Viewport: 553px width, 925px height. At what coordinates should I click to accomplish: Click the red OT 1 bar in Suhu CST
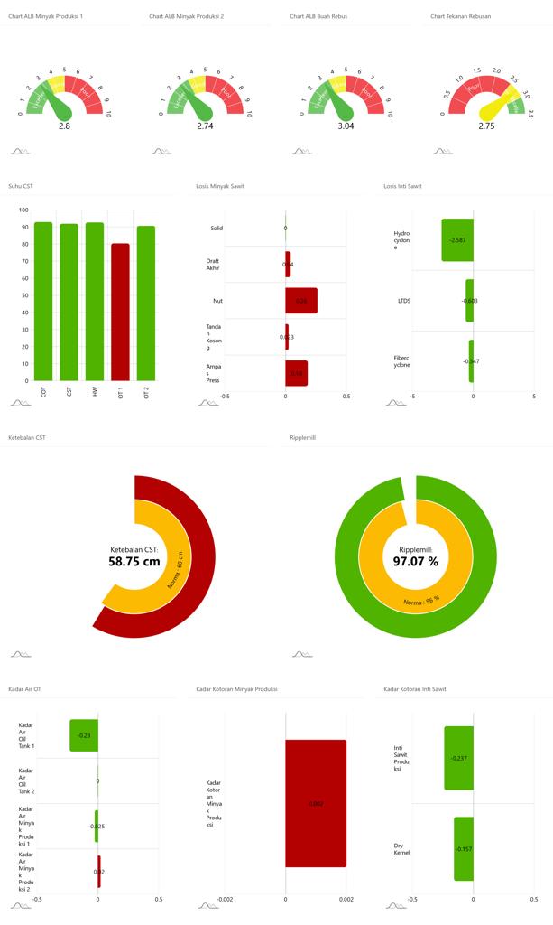[x=120, y=312]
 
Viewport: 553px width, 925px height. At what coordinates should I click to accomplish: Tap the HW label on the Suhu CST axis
[x=95, y=392]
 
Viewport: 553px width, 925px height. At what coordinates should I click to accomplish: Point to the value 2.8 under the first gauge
[x=64, y=126]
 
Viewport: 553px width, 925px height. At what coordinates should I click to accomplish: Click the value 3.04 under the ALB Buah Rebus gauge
[x=346, y=126]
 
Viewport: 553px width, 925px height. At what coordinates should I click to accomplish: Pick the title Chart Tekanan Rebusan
[x=460, y=16]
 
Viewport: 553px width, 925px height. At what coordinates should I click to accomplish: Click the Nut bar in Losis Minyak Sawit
[x=301, y=300]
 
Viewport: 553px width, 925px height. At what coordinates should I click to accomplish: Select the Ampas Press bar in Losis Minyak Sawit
[x=296, y=373]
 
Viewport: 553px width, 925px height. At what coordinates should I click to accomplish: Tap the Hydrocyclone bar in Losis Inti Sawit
[x=457, y=240]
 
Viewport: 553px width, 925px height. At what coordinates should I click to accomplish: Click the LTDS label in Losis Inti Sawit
[x=403, y=300]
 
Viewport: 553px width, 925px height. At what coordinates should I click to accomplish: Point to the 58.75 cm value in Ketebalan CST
[x=134, y=561]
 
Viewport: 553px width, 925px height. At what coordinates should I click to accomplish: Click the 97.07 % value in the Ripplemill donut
[x=415, y=561]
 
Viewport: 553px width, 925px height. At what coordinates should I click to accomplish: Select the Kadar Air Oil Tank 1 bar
[x=84, y=735]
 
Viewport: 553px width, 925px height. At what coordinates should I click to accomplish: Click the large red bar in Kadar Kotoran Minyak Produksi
[x=316, y=803]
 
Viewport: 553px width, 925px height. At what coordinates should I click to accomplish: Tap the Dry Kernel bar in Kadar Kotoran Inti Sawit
[x=464, y=848]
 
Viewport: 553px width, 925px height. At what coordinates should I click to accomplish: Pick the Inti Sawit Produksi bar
[x=458, y=758]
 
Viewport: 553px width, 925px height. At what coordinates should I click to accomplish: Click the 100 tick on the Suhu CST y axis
[x=24, y=210]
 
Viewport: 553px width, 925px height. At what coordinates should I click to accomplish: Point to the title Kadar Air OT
[x=24, y=689]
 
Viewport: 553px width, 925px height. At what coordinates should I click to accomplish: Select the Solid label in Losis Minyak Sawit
[x=217, y=228]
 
